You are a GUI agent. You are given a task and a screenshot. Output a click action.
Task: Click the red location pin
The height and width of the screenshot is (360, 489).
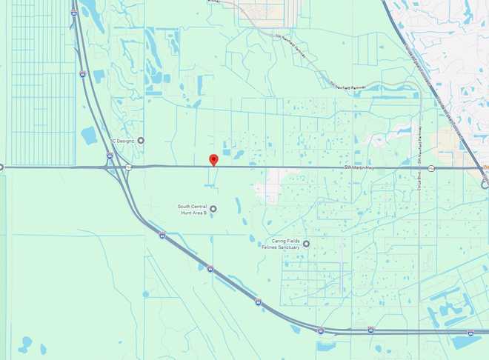tap(213, 159)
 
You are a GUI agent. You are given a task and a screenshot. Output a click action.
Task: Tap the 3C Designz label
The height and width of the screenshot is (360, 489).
tap(122, 140)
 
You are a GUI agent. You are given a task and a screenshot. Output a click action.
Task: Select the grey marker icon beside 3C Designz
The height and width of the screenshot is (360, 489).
tap(141, 140)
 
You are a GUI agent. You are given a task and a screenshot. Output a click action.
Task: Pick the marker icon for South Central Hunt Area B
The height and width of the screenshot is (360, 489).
tap(213, 209)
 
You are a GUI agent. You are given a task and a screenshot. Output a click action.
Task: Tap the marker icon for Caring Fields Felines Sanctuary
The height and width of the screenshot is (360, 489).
tap(306, 243)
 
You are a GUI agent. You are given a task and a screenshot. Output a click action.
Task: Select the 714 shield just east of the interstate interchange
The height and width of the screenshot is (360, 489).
tap(128, 167)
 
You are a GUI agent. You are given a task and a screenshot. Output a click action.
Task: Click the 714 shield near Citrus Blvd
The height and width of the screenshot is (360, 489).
tap(431, 168)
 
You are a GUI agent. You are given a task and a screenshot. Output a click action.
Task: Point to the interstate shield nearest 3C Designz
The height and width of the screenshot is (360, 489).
tap(110, 156)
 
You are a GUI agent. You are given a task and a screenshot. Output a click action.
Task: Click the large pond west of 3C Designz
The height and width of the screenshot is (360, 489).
tap(89, 136)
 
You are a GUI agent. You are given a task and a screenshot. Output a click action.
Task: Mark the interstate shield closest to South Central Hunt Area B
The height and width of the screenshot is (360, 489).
tap(210, 269)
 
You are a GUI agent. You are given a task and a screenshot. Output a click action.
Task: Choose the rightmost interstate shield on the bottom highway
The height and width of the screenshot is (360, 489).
tap(470, 332)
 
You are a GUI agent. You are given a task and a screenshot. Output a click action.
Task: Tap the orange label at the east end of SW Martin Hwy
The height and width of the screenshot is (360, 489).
tap(486, 168)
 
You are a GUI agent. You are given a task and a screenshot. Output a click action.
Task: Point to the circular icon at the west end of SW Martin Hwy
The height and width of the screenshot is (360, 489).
tap(1, 167)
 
